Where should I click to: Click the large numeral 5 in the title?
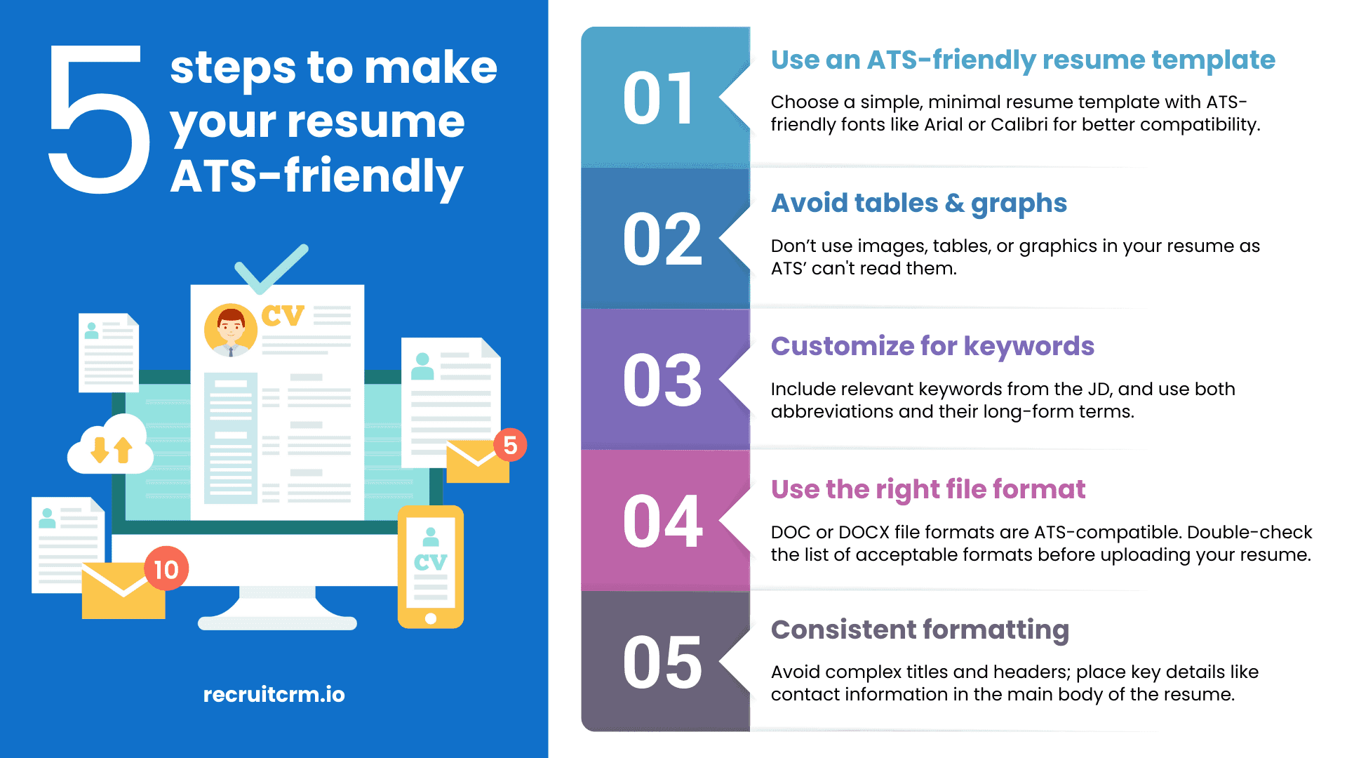pyautogui.click(x=98, y=119)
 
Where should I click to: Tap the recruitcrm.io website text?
pyautogui.click(x=274, y=694)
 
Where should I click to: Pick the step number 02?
pyautogui.click(x=662, y=240)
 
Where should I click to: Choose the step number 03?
pyautogui.click(x=662, y=380)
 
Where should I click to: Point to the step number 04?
pyautogui.click(x=662, y=521)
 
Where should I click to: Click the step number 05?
pyautogui.click(x=662, y=663)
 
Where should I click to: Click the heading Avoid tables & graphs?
pyautogui.click(x=918, y=203)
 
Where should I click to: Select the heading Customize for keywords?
pyautogui.click(x=932, y=346)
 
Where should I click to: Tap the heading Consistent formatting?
pyautogui.click(x=920, y=630)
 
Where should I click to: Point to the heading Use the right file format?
pyautogui.click(x=927, y=489)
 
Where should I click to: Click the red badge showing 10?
pyautogui.click(x=166, y=569)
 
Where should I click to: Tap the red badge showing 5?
pyautogui.click(x=510, y=445)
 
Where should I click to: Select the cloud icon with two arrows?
pyautogui.click(x=111, y=446)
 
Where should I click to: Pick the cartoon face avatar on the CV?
pyautogui.click(x=230, y=329)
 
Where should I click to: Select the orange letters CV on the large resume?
pyautogui.click(x=283, y=316)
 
